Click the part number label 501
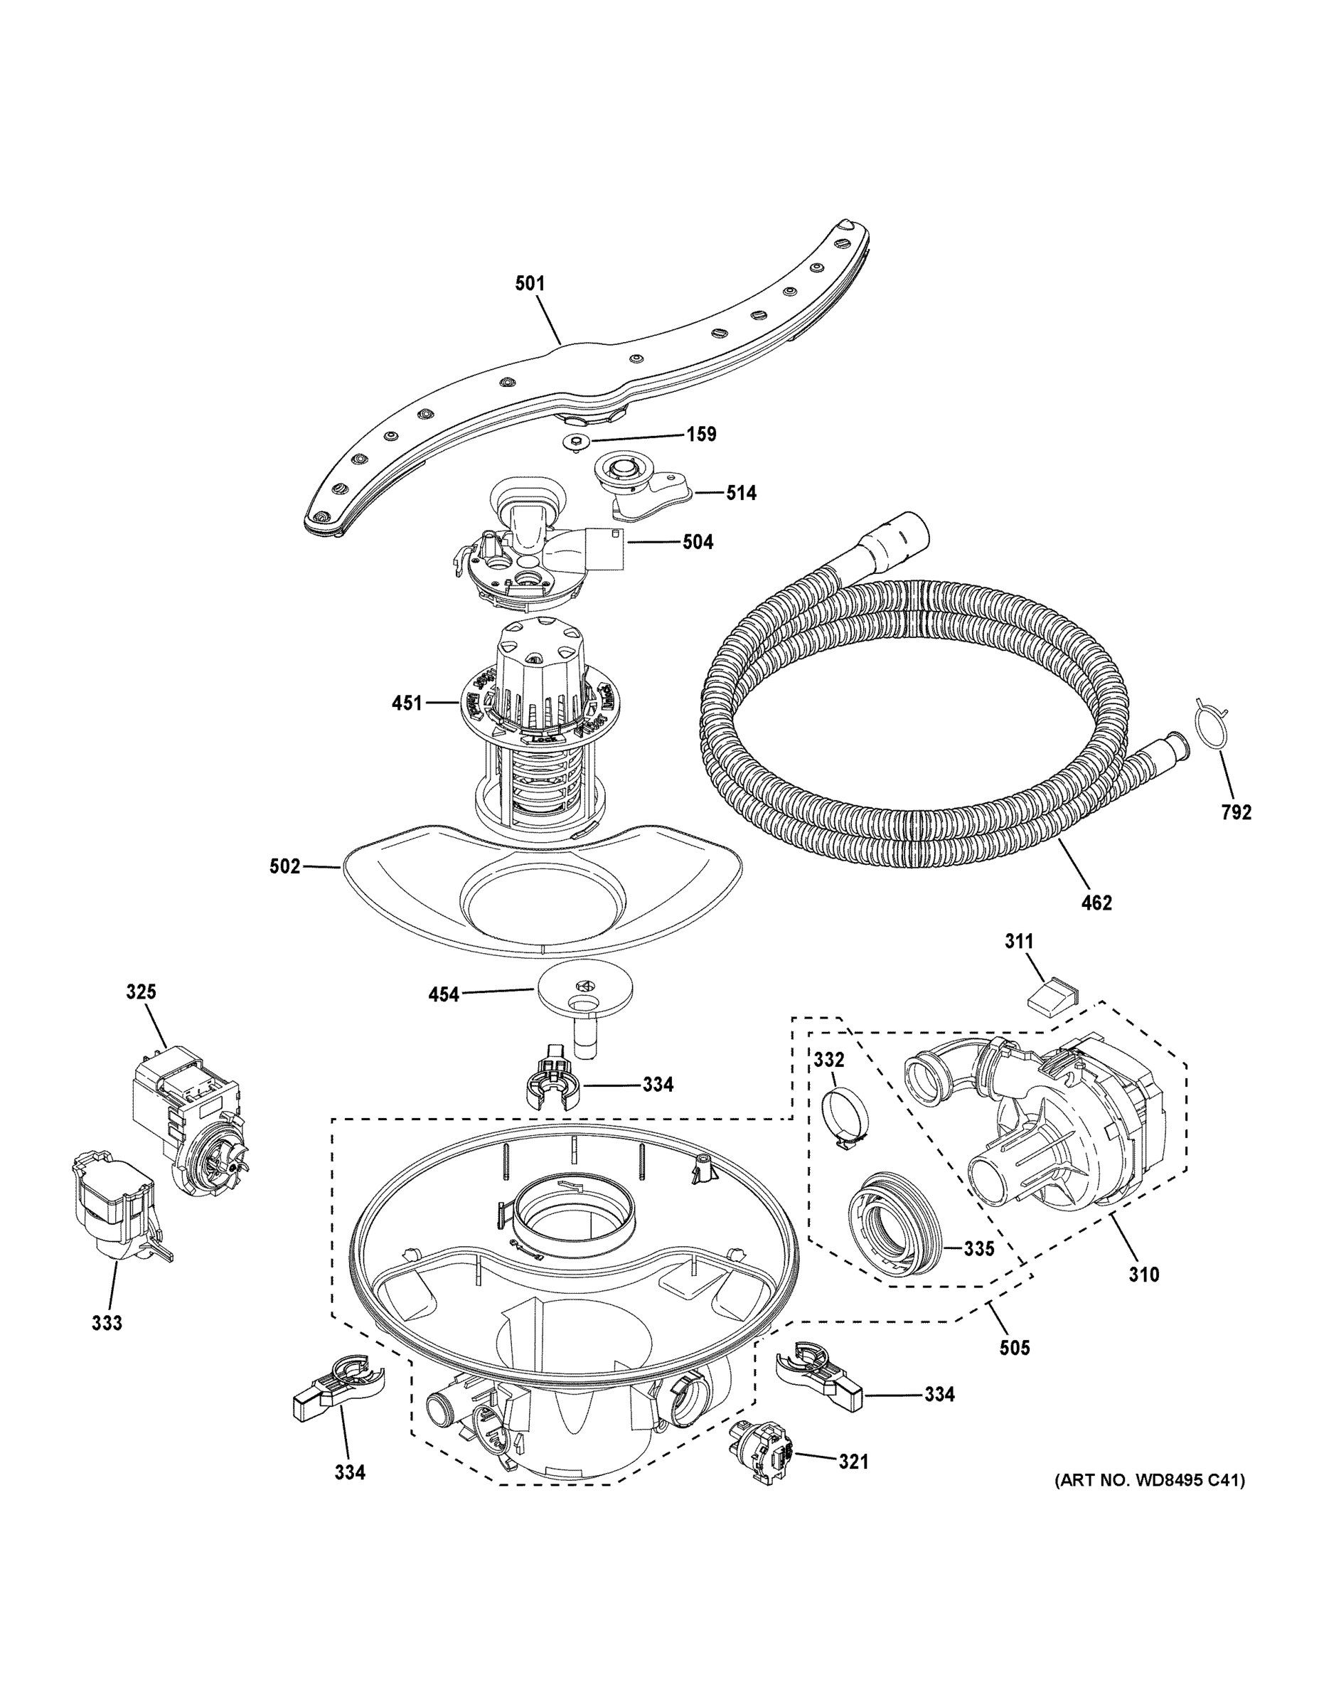[x=529, y=283]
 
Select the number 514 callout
[x=740, y=493]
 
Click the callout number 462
[x=1096, y=903]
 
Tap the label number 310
[x=1143, y=1275]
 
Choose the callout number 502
[x=284, y=866]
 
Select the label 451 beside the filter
[x=407, y=703]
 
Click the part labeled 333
[x=117, y=1211]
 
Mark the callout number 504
[x=697, y=542]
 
